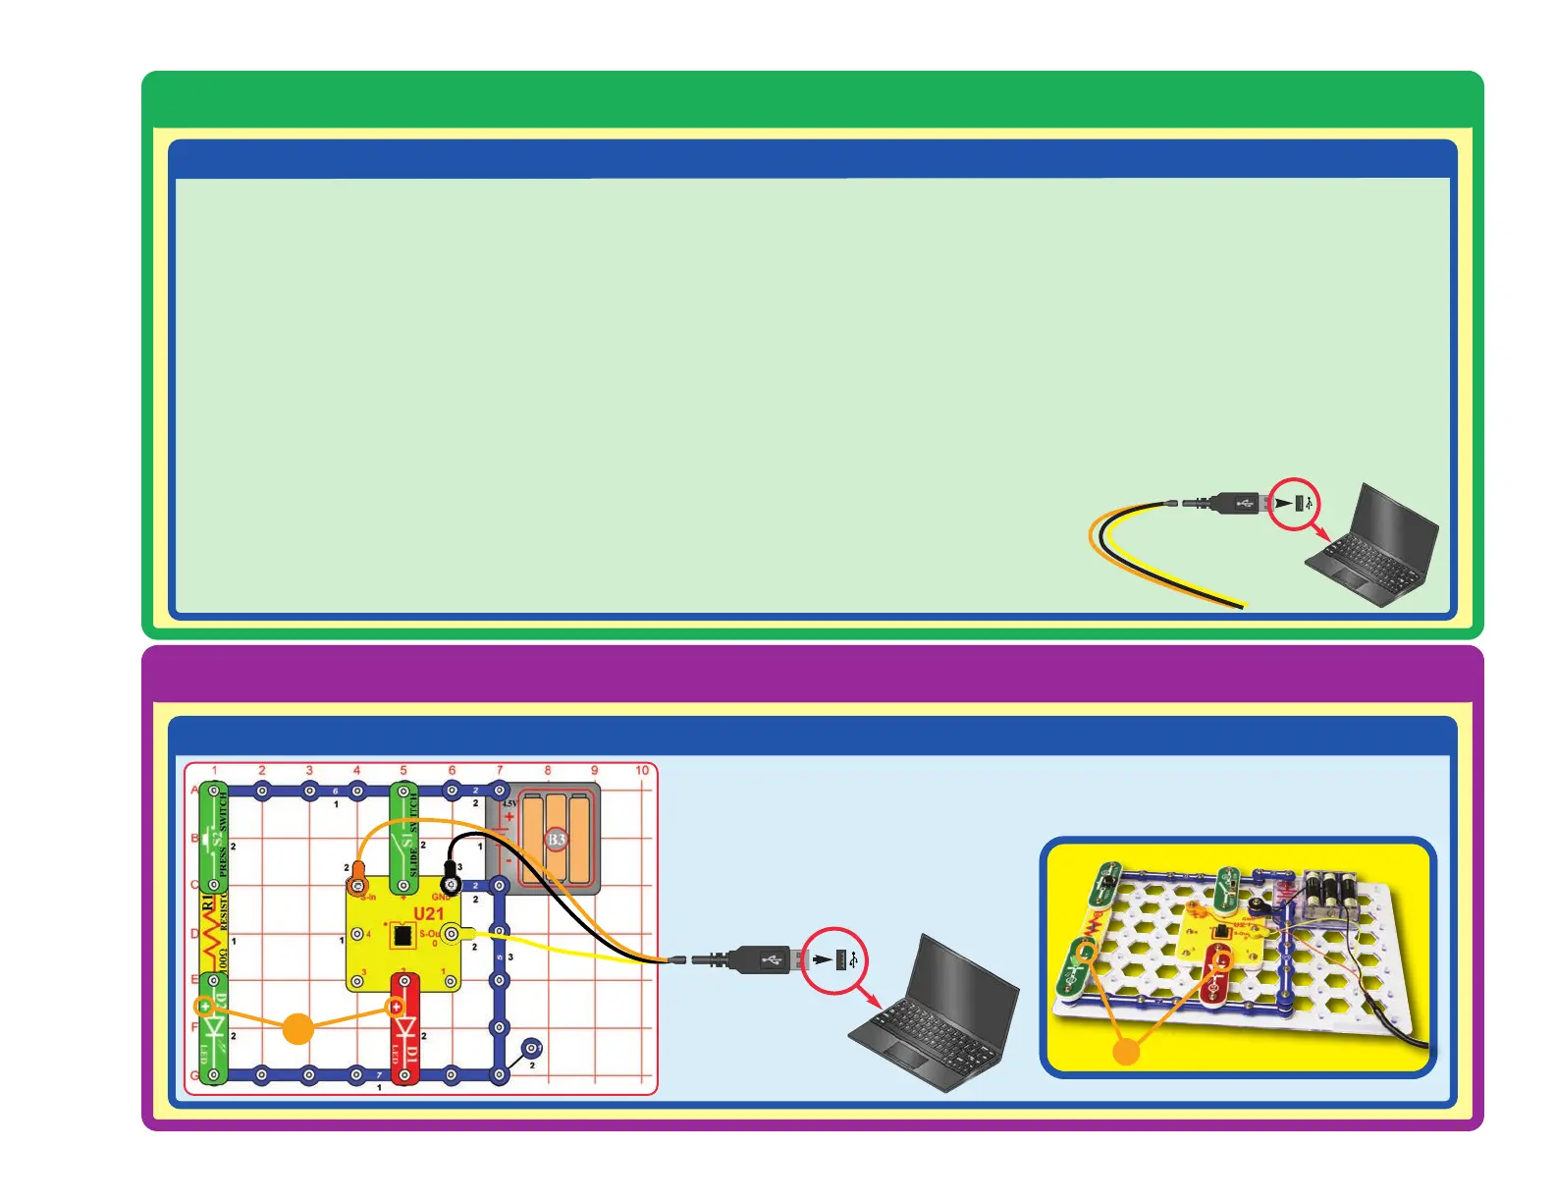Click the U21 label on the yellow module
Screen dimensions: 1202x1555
point(429,914)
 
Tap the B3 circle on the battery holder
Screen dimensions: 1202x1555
point(557,839)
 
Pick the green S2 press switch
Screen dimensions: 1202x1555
point(214,839)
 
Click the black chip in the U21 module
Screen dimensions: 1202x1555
point(401,934)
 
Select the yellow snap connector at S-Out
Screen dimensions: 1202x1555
point(451,933)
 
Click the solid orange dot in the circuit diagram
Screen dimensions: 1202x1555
point(297,1028)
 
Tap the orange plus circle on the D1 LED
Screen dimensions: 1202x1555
point(396,1006)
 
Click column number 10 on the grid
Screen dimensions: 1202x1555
point(642,771)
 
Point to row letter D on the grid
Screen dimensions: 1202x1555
point(194,933)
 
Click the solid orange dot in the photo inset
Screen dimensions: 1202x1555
point(1127,1051)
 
